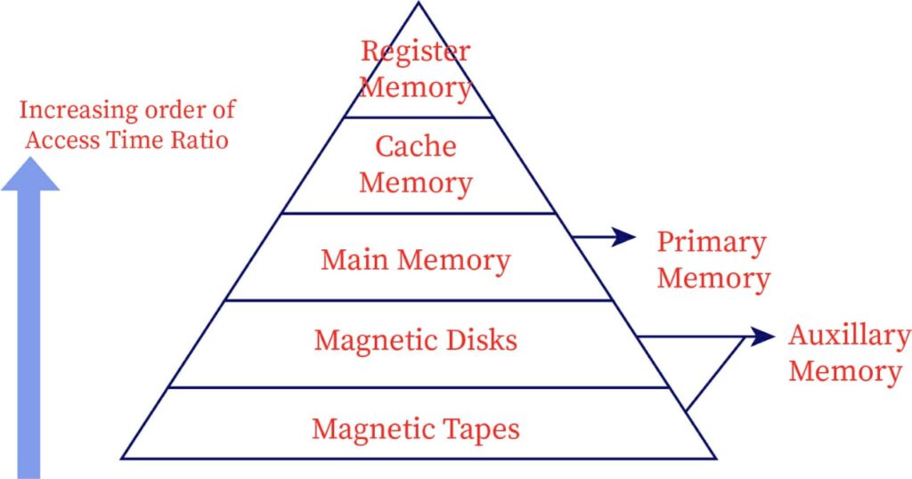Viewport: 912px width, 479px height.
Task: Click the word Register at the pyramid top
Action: click(x=415, y=51)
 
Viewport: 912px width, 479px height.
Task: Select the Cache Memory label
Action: click(x=416, y=165)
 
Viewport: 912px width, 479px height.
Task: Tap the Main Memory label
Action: click(x=416, y=261)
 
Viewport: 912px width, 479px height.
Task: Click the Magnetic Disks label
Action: click(x=416, y=340)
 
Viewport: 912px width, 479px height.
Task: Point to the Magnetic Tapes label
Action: click(x=416, y=429)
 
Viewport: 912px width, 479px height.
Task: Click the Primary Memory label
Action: click(x=712, y=260)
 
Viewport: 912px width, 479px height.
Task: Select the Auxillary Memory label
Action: click(x=849, y=353)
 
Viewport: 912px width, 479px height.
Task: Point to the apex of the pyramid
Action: click(x=419, y=3)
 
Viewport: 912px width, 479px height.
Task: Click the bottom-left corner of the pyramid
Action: click(x=122, y=458)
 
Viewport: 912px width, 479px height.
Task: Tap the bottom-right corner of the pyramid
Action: click(x=715, y=458)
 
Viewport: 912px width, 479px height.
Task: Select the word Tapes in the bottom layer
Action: click(x=480, y=429)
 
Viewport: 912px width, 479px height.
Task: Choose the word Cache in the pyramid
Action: click(x=416, y=146)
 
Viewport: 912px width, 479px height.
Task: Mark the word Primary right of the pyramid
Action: click(x=712, y=242)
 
